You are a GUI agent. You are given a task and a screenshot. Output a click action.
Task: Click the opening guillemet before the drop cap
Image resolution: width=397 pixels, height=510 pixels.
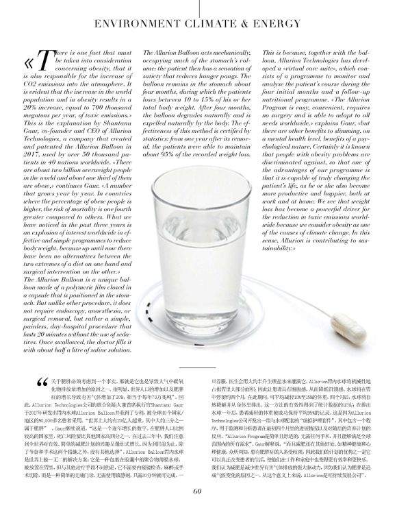pos(25,61)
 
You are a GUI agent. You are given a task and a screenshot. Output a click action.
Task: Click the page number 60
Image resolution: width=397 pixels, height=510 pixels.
pos(198,489)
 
